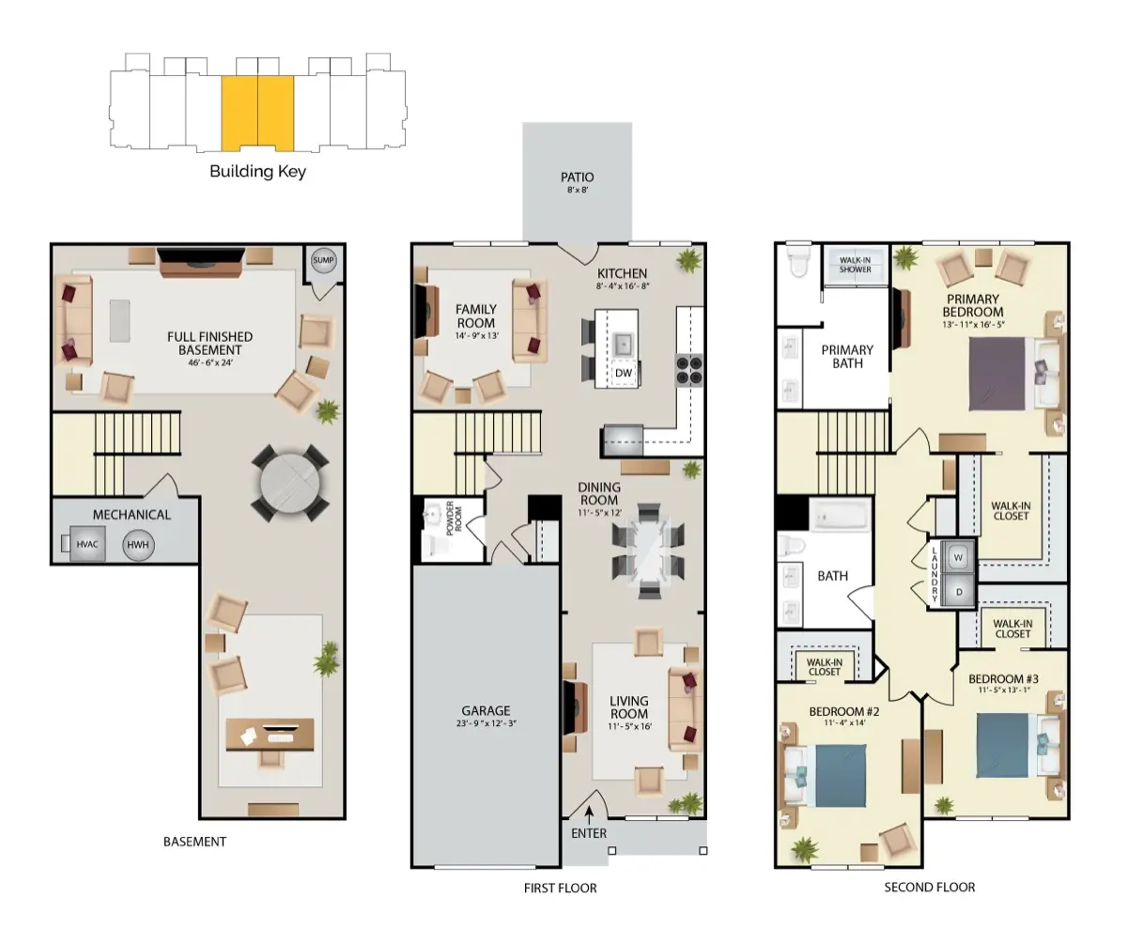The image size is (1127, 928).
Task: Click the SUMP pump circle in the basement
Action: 323,260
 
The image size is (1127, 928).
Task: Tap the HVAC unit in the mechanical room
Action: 87,544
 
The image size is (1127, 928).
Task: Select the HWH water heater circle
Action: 138,545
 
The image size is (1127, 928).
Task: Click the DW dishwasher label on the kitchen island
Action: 623,373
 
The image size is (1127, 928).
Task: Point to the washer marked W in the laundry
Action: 959,557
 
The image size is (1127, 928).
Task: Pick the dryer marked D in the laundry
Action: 959,591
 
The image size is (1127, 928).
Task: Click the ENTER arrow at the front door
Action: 589,815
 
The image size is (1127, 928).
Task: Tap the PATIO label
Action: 578,177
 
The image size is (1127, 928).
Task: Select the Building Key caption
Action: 257,172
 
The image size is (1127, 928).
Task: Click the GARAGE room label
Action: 486,710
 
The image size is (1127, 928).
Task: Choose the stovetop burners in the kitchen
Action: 689,370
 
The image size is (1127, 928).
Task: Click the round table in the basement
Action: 290,483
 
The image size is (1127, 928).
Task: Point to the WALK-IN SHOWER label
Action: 855,265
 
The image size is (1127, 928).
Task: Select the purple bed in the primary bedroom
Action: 996,374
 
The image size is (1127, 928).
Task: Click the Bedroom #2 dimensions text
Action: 844,722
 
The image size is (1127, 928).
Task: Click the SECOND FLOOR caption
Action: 929,888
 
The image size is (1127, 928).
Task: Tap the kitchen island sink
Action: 623,345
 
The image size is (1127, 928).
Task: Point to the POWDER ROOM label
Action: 454,518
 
